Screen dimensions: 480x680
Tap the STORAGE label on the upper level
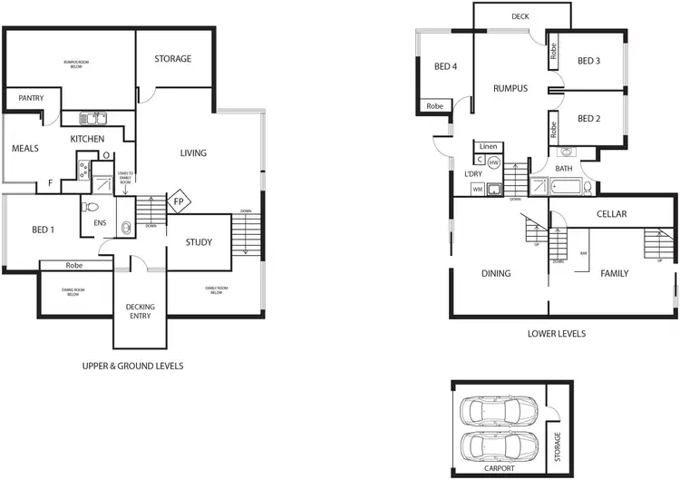tap(172, 59)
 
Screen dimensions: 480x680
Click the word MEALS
tap(25, 148)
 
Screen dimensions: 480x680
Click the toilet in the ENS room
tap(126, 227)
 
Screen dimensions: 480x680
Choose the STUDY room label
tap(199, 242)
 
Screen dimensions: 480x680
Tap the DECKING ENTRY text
tap(140, 311)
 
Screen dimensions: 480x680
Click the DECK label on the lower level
tap(520, 16)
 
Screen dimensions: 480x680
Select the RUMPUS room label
tap(510, 89)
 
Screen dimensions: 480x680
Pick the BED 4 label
tap(446, 66)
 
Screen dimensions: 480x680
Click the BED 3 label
tap(589, 61)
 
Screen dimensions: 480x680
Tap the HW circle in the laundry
tap(494, 162)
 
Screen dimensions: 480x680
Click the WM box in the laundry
tap(478, 189)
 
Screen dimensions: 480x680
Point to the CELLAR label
tap(613, 214)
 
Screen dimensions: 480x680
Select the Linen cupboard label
tap(488, 146)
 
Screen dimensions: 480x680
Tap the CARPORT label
tap(500, 468)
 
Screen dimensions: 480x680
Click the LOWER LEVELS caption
tap(557, 334)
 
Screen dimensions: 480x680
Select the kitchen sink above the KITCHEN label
tap(92, 117)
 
